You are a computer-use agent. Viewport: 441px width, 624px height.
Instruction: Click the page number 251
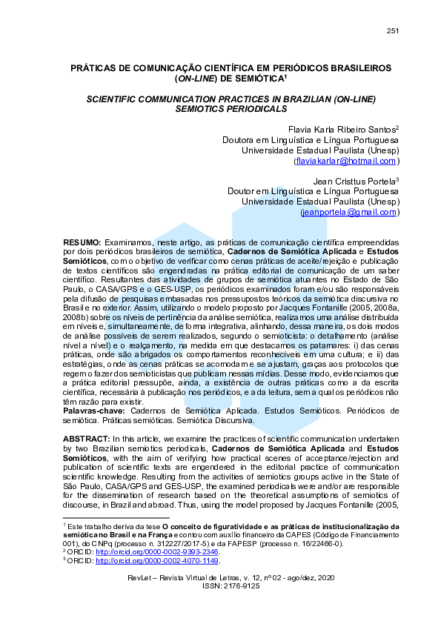(393, 30)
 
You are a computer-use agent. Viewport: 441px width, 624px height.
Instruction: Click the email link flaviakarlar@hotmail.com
(347, 160)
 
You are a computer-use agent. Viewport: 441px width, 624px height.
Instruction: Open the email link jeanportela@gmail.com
(350, 212)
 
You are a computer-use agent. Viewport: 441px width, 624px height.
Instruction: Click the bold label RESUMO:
(82, 242)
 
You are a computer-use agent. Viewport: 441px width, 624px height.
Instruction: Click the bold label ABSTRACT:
(86, 439)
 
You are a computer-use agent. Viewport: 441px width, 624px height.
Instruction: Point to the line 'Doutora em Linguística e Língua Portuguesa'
(311, 139)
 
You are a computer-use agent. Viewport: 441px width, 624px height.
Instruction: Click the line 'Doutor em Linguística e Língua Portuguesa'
(313, 191)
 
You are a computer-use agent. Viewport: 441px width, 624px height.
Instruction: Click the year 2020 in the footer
(325, 577)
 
